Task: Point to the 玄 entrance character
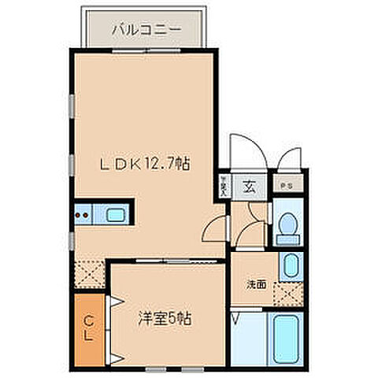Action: point(247,187)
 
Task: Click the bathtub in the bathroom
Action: point(285,339)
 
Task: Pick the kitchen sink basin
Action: point(115,213)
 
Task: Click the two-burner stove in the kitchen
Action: point(82,213)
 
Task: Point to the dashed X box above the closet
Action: point(89,275)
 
